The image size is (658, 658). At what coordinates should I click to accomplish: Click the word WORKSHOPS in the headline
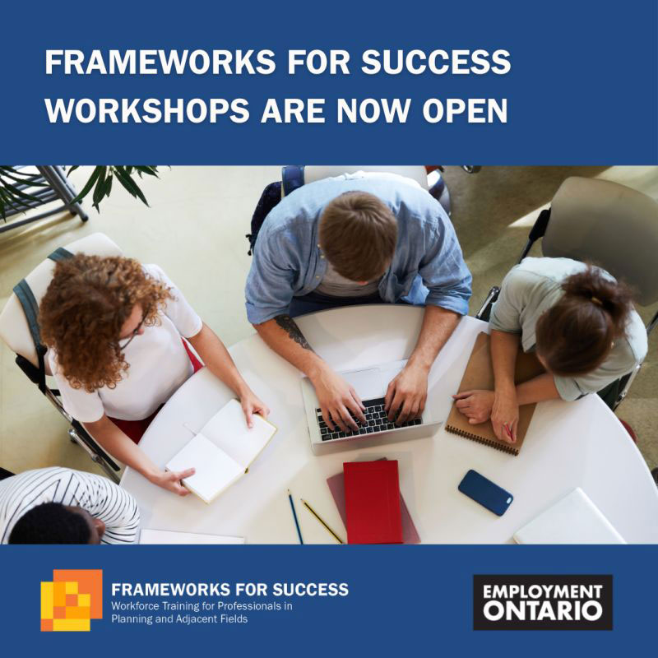(147, 110)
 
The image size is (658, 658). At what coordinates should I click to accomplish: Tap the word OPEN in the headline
(465, 110)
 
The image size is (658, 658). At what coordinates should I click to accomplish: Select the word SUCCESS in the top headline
(436, 62)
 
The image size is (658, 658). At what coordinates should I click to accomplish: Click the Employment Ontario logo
(543, 602)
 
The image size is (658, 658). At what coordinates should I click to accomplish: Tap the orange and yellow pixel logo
(72, 600)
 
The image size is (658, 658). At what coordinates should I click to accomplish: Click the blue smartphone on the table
(485, 492)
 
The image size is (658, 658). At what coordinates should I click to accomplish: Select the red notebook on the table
(373, 502)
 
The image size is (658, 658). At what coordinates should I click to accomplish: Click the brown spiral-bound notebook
(491, 403)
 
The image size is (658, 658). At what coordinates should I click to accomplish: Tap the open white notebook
(221, 450)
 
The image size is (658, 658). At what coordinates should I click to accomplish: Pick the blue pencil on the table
(295, 517)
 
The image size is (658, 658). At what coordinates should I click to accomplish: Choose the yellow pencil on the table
(322, 521)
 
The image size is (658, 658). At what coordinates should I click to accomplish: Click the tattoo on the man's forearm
(294, 331)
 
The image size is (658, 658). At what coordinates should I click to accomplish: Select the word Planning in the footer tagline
(131, 619)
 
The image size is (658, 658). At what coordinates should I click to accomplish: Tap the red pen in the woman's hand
(509, 433)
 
